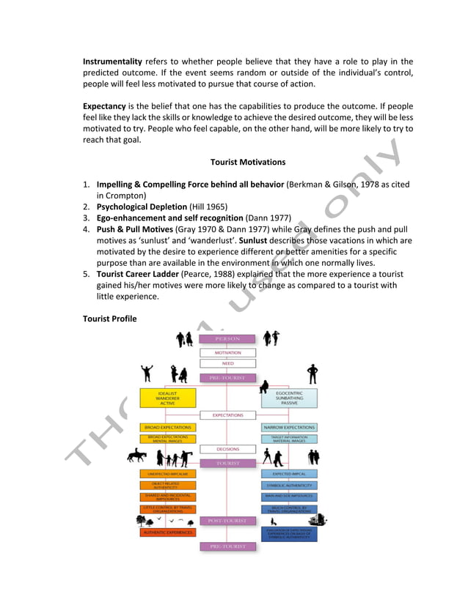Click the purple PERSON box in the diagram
[x=227, y=339]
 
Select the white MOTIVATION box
[x=227, y=352]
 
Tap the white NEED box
[x=227, y=363]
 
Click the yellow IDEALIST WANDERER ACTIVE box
[x=168, y=398]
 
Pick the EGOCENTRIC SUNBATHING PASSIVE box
[x=289, y=398]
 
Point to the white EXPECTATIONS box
[x=227, y=415]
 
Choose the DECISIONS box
[x=227, y=449]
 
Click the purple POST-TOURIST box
[x=227, y=521]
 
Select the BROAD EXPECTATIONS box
[x=168, y=427]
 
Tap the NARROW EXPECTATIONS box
[x=289, y=427]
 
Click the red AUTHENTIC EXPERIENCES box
[x=168, y=532]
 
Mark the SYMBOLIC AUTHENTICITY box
[x=289, y=485]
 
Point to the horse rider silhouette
[x=137, y=457]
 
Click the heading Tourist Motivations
[x=248, y=161]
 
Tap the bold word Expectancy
[x=104, y=105]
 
